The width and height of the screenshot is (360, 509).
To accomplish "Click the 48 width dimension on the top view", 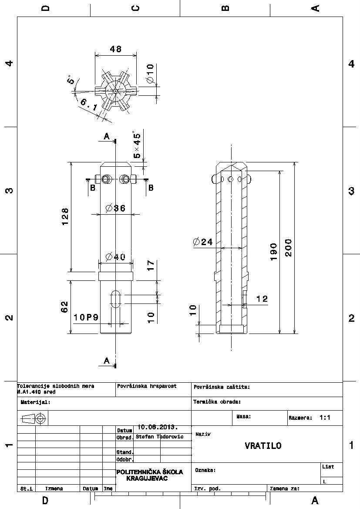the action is click(x=115, y=49).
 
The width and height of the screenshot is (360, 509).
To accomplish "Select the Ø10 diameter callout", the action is click(x=150, y=74).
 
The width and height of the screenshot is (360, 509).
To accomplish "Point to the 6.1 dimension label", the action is click(x=89, y=104).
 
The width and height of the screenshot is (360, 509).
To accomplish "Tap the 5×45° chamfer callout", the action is click(x=137, y=145).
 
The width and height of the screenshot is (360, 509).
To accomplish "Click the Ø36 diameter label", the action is click(x=115, y=208).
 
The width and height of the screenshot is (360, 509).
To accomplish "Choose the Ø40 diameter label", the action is click(x=115, y=257).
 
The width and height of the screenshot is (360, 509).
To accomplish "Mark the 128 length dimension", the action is click(x=65, y=217).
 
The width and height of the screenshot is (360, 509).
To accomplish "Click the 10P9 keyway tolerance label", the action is click(x=86, y=317).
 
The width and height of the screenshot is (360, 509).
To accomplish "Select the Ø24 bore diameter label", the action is click(x=202, y=242).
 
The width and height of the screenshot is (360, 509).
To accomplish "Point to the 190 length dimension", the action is click(x=273, y=252).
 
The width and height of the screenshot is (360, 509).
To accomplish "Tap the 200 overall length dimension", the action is click(x=289, y=248).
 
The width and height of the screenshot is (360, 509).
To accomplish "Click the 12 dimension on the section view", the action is click(x=262, y=299).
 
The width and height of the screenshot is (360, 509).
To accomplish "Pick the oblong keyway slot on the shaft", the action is click(x=115, y=299).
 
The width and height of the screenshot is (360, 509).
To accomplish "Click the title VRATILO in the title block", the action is click(x=263, y=446).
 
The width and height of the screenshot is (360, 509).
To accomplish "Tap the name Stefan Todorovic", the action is click(x=160, y=437).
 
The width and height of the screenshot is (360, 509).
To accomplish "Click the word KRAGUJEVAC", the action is click(x=147, y=478).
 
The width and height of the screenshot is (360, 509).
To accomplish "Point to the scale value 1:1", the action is click(x=325, y=418).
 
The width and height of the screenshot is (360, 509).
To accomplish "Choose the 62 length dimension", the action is click(x=65, y=307).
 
